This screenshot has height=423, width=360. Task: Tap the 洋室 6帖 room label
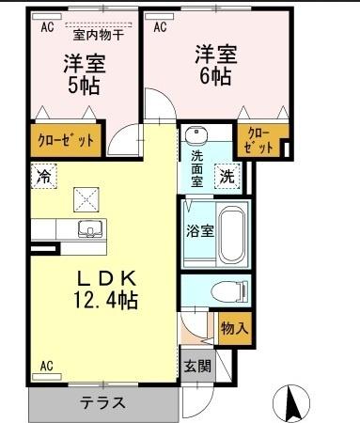215,64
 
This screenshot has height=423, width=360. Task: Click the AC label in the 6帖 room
160,26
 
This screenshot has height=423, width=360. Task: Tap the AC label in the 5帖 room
46,27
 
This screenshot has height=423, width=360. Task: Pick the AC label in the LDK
46,366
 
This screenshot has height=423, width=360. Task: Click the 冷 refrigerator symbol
43,174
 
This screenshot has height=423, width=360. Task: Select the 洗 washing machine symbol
228,174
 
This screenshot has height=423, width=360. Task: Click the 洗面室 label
198,167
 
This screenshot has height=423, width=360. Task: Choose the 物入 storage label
234,329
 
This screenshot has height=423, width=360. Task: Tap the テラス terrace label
103,402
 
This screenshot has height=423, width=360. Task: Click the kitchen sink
90,227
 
